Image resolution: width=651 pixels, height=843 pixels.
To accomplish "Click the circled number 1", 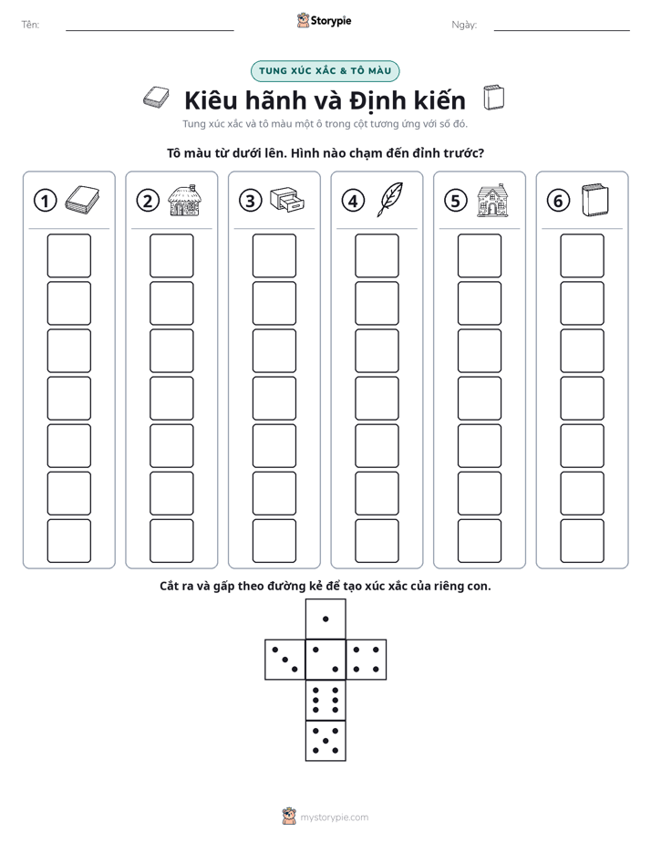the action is [x=45, y=201].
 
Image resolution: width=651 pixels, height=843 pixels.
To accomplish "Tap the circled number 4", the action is [x=353, y=201].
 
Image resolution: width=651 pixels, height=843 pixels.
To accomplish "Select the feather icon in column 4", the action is [x=390, y=200].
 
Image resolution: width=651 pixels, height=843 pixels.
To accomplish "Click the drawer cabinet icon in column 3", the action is [x=287, y=200].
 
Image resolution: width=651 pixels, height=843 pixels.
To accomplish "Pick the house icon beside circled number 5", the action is [x=492, y=200].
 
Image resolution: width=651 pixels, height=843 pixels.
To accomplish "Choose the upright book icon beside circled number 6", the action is [x=595, y=200].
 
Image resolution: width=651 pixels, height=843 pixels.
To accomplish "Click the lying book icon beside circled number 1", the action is [x=82, y=200].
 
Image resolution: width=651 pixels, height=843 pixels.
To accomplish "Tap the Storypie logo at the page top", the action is [x=324, y=21].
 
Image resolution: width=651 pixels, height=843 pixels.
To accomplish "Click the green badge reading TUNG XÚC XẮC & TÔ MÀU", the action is [x=325, y=71].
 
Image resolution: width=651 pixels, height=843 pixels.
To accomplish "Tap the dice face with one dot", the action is [x=325, y=619].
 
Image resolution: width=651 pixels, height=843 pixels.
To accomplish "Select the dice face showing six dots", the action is [x=325, y=700].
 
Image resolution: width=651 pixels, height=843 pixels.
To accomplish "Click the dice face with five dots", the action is [x=325, y=741].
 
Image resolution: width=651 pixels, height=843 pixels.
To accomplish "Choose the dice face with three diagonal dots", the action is [x=285, y=659].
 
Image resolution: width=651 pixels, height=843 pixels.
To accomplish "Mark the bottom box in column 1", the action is [x=69, y=541].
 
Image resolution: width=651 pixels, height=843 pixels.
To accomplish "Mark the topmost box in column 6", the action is [x=583, y=255].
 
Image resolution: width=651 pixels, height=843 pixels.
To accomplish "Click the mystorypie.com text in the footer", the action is [x=334, y=817].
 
